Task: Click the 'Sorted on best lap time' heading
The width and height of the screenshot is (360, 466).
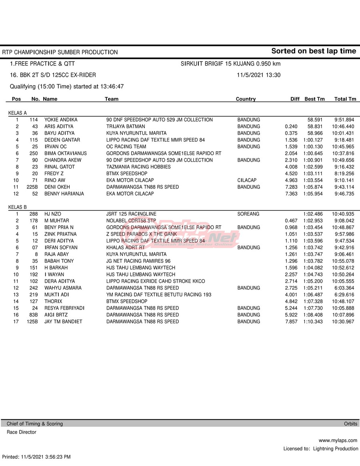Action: [313, 51]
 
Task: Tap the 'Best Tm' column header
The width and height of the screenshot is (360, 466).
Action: [314, 99]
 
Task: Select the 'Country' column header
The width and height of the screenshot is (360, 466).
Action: [246, 99]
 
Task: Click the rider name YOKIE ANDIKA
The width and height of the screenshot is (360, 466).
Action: [61, 120]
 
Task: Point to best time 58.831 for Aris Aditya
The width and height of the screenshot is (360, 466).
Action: [315, 126]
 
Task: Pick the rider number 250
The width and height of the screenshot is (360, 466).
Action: [34, 154]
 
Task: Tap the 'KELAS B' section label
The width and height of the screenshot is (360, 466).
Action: [18, 207]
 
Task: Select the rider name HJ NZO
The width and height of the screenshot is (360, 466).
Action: [53, 214]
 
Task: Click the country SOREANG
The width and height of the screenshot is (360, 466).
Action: [248, 214]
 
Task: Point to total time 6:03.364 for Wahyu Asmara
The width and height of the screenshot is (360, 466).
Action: [343, 288]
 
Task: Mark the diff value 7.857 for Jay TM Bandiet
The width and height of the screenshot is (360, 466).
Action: [291, 322]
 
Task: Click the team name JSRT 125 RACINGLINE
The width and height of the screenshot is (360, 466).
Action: [131, 214]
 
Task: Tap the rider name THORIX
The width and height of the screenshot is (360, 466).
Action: [53, 302]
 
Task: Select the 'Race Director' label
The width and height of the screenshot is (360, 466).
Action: [21, 432]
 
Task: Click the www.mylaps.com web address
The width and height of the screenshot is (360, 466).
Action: [338, 440]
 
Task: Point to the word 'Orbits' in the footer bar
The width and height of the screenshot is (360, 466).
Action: [351, 424]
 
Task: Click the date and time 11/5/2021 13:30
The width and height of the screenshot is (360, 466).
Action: [258, 75]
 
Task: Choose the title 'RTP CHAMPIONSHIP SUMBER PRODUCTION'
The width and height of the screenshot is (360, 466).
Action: [60, 52]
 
